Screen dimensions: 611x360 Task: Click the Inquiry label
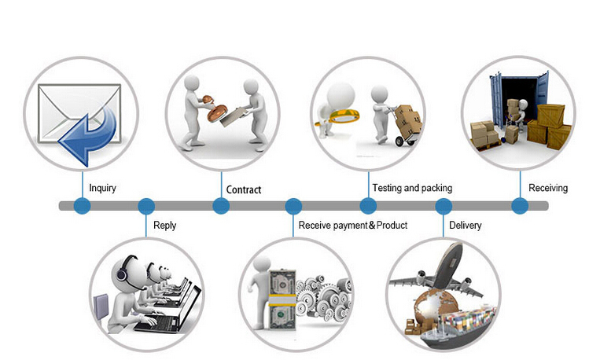click(x=102, y=188)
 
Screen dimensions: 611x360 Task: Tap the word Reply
click(x=164, y=226)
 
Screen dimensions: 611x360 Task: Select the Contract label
click(x=244, y=189)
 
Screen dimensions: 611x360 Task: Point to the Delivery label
click(x=466, y=226)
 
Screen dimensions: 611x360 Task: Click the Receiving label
click(x=548, y=188)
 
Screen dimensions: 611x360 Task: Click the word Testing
click(x=387, y=188)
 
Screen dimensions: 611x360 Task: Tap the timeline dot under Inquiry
click(x=83, y=206)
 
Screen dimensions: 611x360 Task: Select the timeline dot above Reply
click(x=146, y=206)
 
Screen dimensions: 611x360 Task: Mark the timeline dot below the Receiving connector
click(x=520, y=206)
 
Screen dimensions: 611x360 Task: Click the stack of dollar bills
click(x=282, y=299)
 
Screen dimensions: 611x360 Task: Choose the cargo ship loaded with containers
click(x=458, y=326)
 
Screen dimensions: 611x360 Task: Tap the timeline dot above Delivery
click(x=444, y=206)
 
